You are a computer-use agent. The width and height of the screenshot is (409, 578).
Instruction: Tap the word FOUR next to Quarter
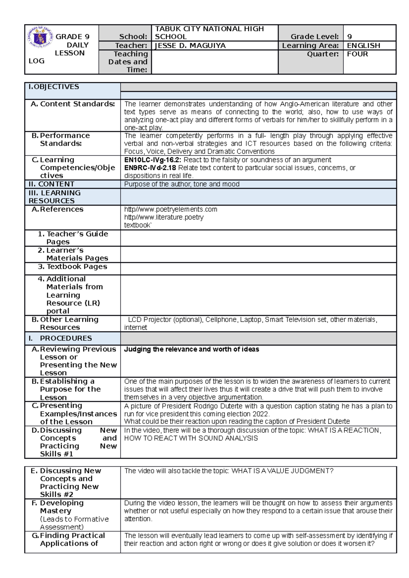tap(357, 54)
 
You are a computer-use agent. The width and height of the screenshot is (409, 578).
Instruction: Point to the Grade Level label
tap(314, 37)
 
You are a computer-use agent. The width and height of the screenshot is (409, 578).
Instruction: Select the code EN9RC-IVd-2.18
tap(150, 168)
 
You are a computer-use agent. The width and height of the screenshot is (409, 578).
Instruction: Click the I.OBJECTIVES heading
tap(54, 87)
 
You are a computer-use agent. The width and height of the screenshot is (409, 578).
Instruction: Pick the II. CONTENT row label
tap(51, 184)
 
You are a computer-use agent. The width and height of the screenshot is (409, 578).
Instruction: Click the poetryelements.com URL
tap(170, 209)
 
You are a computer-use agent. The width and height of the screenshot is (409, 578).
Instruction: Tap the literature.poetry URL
tap(164, 217)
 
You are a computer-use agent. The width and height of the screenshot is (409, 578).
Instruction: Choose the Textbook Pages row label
tap(77, 267)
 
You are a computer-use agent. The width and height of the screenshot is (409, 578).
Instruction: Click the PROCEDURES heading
tap(66, 338)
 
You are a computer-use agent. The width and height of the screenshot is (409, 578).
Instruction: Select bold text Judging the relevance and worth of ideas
tap(191, 349)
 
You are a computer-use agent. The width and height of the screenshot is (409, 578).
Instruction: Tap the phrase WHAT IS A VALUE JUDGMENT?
tap(282, 471)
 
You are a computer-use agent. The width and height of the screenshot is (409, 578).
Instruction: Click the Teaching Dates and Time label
tap(128, 62)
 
